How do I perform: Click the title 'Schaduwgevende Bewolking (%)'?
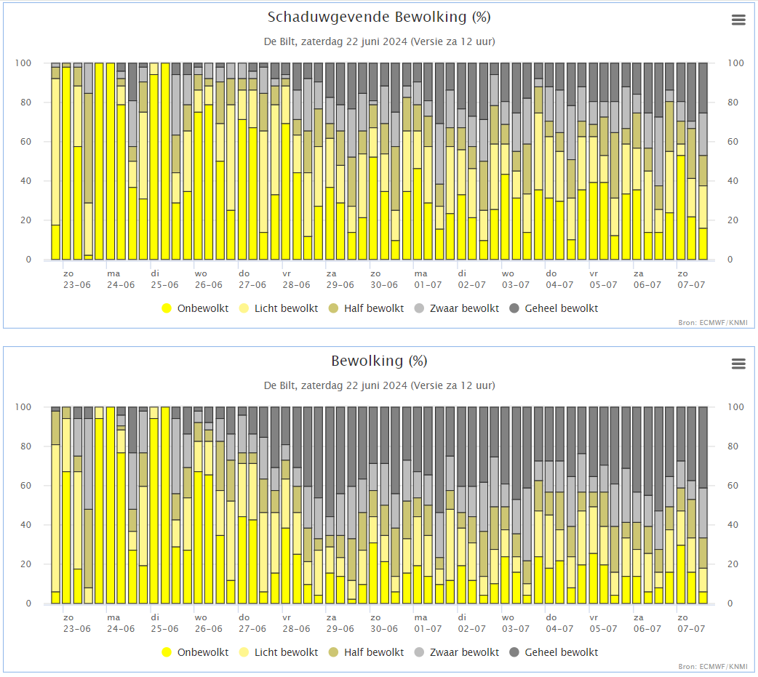click(379, 17)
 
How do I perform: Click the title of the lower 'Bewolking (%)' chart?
click(379, 361)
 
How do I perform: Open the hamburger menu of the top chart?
click(738, 20)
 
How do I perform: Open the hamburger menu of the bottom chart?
click(738, 364)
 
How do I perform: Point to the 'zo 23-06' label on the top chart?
click(77, 279)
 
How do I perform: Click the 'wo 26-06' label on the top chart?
click(208, 279)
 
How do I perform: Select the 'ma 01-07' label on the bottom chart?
click(428, 623)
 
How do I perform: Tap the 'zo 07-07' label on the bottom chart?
click(691, 623)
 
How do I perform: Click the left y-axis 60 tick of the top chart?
click(25, 142)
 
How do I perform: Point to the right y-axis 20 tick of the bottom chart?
click(733, 564)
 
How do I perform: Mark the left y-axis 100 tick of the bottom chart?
click(23, 407)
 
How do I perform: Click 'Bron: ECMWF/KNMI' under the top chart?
click(713, 322)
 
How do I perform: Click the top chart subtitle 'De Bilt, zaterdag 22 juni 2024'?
click(335, 41)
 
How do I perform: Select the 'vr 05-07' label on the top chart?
click(603, 279)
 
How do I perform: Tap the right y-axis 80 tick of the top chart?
click(733, 102)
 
